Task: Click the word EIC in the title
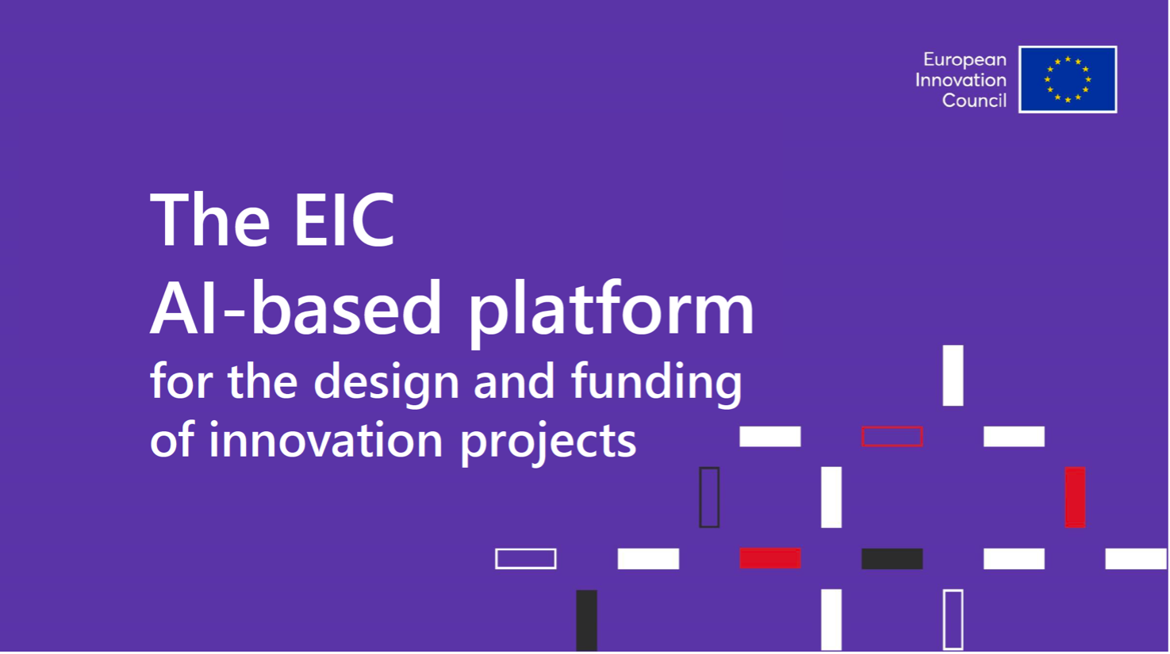click(343, 220)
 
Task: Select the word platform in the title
click(611, 313)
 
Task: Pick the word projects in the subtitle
click(548, 442)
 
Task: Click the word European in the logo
click(965, 60)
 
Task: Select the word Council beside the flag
click(974, 100)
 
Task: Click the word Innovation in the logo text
click(961, 80)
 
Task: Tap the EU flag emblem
click(1068, 79)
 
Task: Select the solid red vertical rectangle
click(1075, 497)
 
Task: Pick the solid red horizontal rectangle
click(770, 559)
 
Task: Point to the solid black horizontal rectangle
click(892, 559)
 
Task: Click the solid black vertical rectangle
click(586, 621)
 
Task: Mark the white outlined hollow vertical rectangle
click(944, 620)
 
